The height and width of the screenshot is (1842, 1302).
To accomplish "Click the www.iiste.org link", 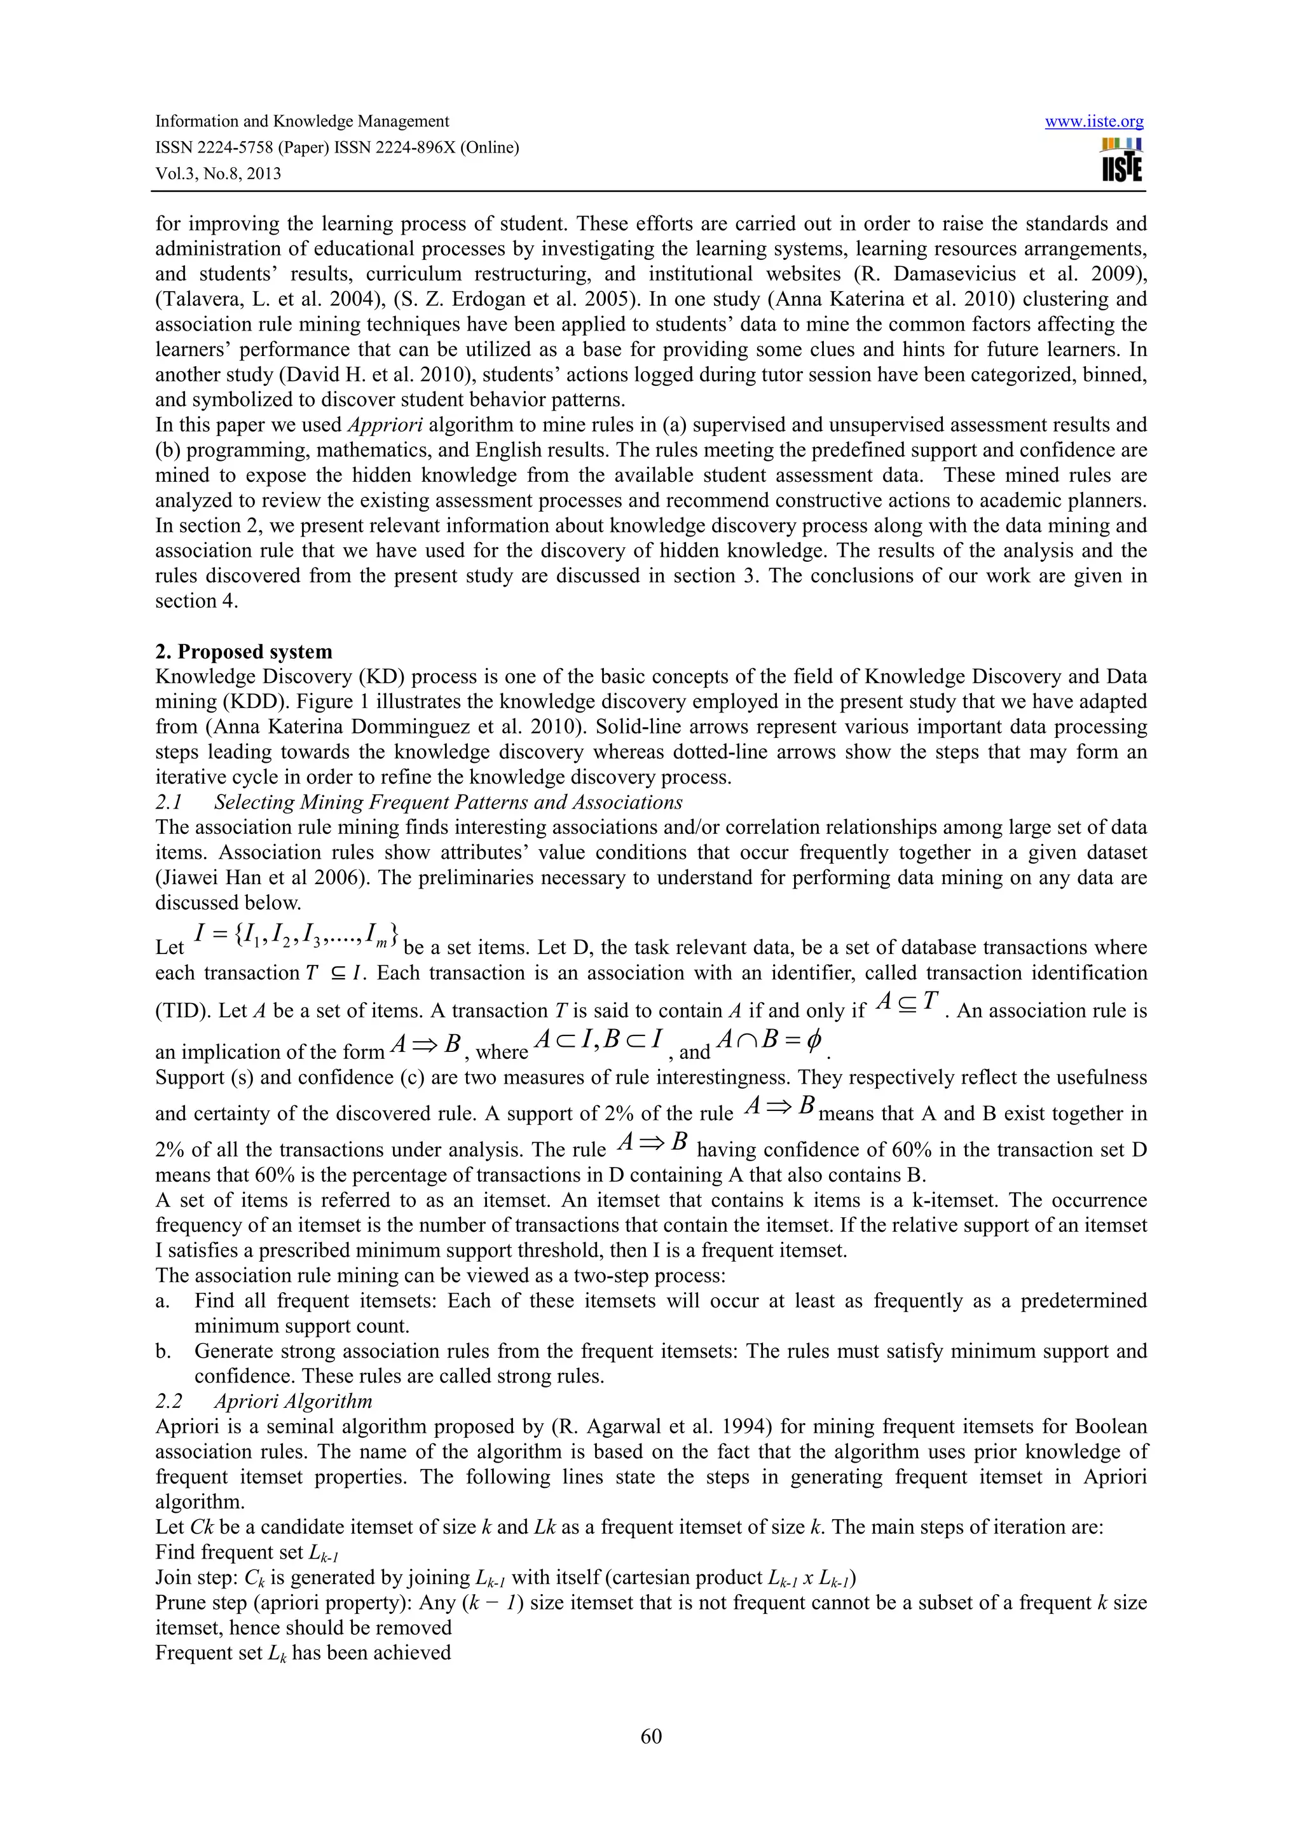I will point(1093,122).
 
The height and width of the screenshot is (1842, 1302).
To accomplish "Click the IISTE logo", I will point(1121,160).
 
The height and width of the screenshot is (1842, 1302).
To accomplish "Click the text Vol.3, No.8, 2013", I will point(218,174).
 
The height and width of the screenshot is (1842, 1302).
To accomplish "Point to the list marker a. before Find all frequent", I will point(162,1301).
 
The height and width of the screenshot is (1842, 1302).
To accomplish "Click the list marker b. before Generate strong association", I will point(163,1352).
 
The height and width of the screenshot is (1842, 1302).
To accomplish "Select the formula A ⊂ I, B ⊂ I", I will point(598,1041).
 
